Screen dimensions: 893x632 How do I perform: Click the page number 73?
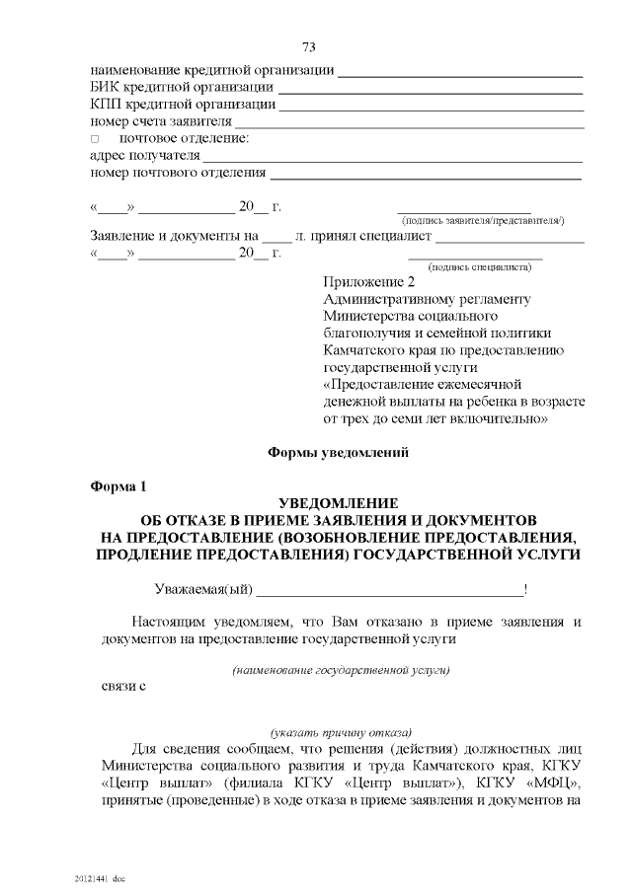click(x=309, y=46)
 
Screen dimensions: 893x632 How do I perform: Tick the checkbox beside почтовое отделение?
click(x=96, y=138)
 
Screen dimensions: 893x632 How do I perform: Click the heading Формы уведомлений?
click(x=339, y=453)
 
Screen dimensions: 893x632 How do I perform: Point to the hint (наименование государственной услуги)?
click(x=341, y=671)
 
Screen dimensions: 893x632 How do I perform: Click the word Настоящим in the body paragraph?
click(x=169, y=623)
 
